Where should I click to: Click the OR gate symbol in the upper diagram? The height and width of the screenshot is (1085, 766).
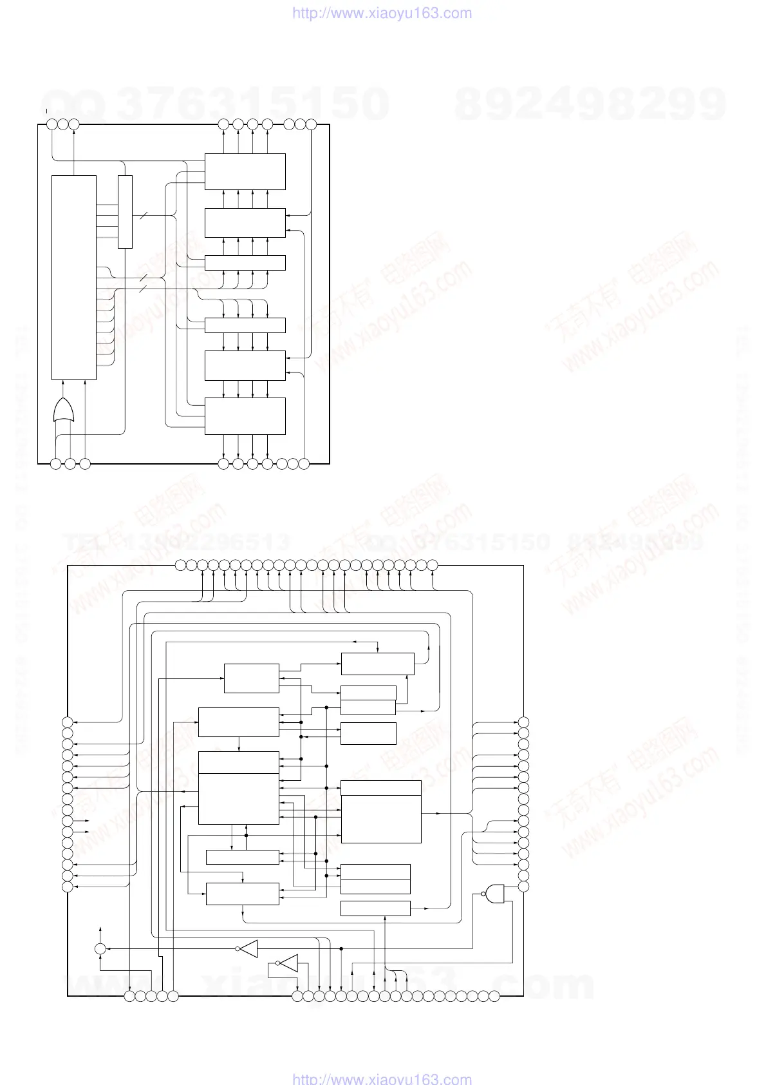63,410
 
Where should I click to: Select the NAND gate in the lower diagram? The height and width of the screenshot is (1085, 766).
494,893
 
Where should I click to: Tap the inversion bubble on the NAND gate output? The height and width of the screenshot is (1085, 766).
482,894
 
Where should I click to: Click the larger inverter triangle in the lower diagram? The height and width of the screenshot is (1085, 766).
249,948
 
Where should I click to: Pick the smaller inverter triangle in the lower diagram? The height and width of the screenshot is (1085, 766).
289,963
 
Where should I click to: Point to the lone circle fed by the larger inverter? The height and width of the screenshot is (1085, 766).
100,948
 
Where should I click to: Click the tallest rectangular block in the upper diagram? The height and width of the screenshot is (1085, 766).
74,277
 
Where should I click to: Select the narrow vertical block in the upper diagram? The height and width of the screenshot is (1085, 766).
125,211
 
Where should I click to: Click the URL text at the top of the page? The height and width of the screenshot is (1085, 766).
382,13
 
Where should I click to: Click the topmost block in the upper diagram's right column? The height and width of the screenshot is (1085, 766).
245,171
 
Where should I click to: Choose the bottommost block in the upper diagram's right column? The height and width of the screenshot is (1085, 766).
245,416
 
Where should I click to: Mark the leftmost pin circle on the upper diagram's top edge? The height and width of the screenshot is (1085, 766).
52,124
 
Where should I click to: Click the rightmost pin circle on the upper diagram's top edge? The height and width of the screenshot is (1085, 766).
311,124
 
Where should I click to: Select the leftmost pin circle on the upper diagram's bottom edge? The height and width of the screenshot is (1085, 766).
56,463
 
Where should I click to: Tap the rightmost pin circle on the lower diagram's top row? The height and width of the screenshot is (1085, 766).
432,566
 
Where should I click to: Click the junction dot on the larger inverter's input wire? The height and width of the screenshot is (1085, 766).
341,948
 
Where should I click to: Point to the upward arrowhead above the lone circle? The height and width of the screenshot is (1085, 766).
100,930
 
